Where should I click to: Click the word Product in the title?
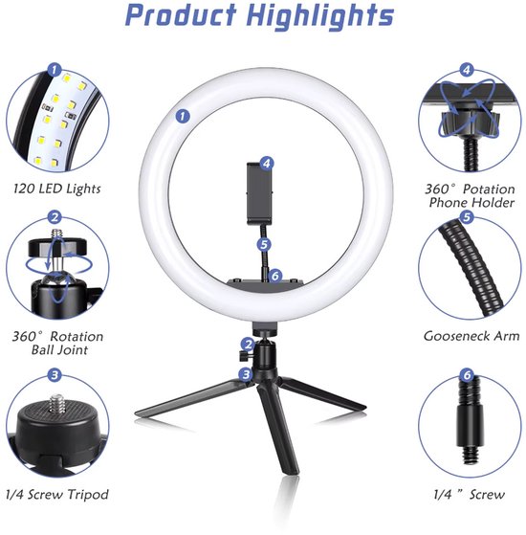point(183,16)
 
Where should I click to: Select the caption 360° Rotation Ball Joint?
point(58,343)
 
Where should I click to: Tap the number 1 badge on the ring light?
point(181,117)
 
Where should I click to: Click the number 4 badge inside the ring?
point(267,164)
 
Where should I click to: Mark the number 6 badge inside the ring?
point(274,276)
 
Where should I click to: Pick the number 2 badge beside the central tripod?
point(247,344)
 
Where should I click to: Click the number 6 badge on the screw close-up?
point(467,375)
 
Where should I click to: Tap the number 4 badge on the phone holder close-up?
point(466,69)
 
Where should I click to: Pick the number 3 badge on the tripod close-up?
point(55,376)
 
